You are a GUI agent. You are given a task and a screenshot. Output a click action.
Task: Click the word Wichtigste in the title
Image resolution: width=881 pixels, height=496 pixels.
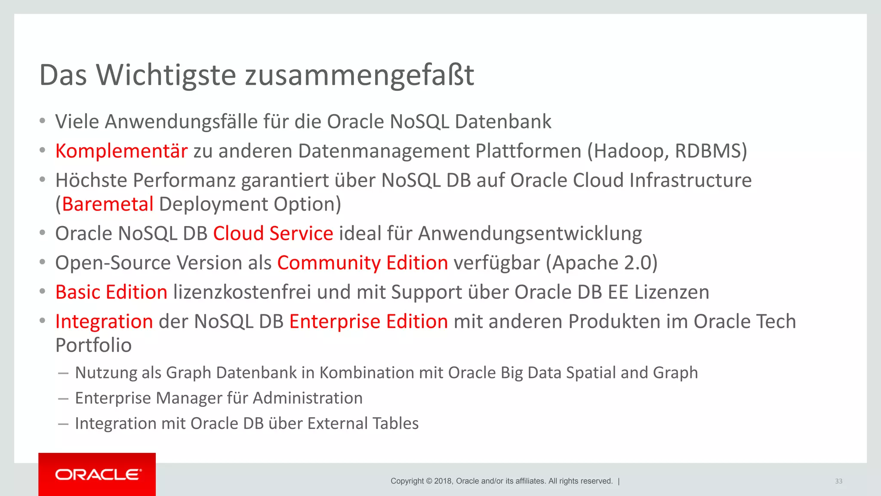tap(166, 75)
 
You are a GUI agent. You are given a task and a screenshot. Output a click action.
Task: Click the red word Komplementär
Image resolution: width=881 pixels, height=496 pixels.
tap(121, 151)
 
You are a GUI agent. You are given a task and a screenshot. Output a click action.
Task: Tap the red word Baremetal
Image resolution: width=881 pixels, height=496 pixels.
tap(108, 204)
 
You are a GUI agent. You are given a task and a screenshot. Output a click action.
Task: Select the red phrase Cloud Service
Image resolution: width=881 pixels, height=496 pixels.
tap(273, 234)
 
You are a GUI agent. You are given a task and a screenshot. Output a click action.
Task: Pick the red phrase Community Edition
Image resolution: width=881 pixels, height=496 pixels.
tap(363, 263)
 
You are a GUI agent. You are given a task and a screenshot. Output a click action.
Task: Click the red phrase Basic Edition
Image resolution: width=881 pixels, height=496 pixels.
tap(111, 292)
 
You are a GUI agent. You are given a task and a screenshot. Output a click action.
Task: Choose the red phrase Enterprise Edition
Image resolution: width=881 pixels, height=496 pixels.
tap(369, 322)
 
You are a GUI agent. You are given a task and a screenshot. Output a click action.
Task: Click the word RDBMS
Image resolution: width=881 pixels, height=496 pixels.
tap(708, 151)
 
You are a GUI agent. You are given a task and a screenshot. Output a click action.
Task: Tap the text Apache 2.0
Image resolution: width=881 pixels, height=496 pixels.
tap(601, 263)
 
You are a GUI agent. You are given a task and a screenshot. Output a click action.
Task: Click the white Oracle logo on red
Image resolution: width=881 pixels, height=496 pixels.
tap(98, 474)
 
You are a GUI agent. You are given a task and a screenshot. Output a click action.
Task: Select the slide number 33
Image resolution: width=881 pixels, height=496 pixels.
tap(838, 481)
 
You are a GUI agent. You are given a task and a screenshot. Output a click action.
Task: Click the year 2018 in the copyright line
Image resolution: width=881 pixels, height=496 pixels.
tap(443, 481)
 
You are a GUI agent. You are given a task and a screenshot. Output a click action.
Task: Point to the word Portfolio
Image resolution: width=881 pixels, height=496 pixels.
tap(93, 345)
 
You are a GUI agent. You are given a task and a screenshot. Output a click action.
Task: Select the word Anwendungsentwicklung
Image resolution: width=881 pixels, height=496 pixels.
tap(530, 234)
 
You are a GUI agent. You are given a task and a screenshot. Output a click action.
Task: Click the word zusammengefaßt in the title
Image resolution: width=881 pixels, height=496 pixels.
tap(360, 75)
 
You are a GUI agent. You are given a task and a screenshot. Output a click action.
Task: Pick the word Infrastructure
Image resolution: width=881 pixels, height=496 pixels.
tap(690, 180)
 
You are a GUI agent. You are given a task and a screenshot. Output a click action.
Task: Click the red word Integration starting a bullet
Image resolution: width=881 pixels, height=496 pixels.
tap(104, 322)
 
